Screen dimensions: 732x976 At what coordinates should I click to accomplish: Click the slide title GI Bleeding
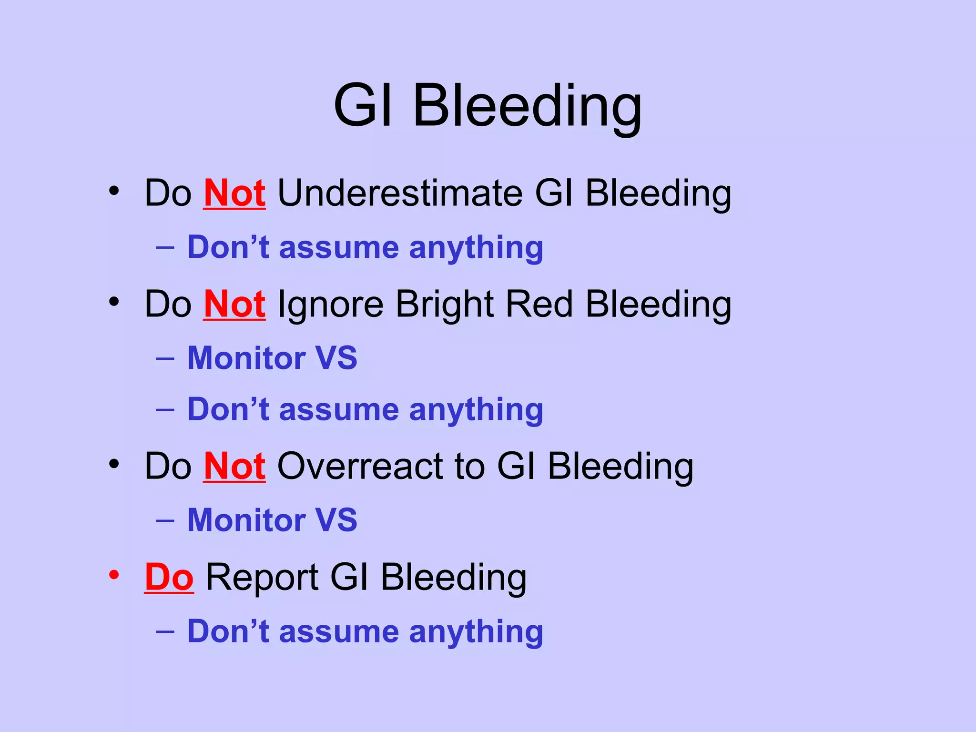click(488, 106)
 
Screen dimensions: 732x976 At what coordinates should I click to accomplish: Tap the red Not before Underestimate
click(234, 193)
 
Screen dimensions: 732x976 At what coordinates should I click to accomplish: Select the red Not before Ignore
click(234, 304)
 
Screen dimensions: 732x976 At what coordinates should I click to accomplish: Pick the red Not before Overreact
click(234, 466)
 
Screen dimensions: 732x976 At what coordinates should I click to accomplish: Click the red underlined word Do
click(169, 577)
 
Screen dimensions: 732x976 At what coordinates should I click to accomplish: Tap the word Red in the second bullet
click(539, 304)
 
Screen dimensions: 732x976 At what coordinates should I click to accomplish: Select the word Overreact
click(360, 466)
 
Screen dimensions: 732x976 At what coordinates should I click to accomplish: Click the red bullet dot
click(113, 575)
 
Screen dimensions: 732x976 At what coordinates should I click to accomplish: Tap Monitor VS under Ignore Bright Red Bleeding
click(272, 358)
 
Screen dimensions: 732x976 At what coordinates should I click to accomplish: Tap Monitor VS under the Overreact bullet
click(272, 520)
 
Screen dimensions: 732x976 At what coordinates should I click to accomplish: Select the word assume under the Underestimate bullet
click(339, 248)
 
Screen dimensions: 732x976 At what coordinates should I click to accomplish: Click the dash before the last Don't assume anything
click(165, 631)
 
